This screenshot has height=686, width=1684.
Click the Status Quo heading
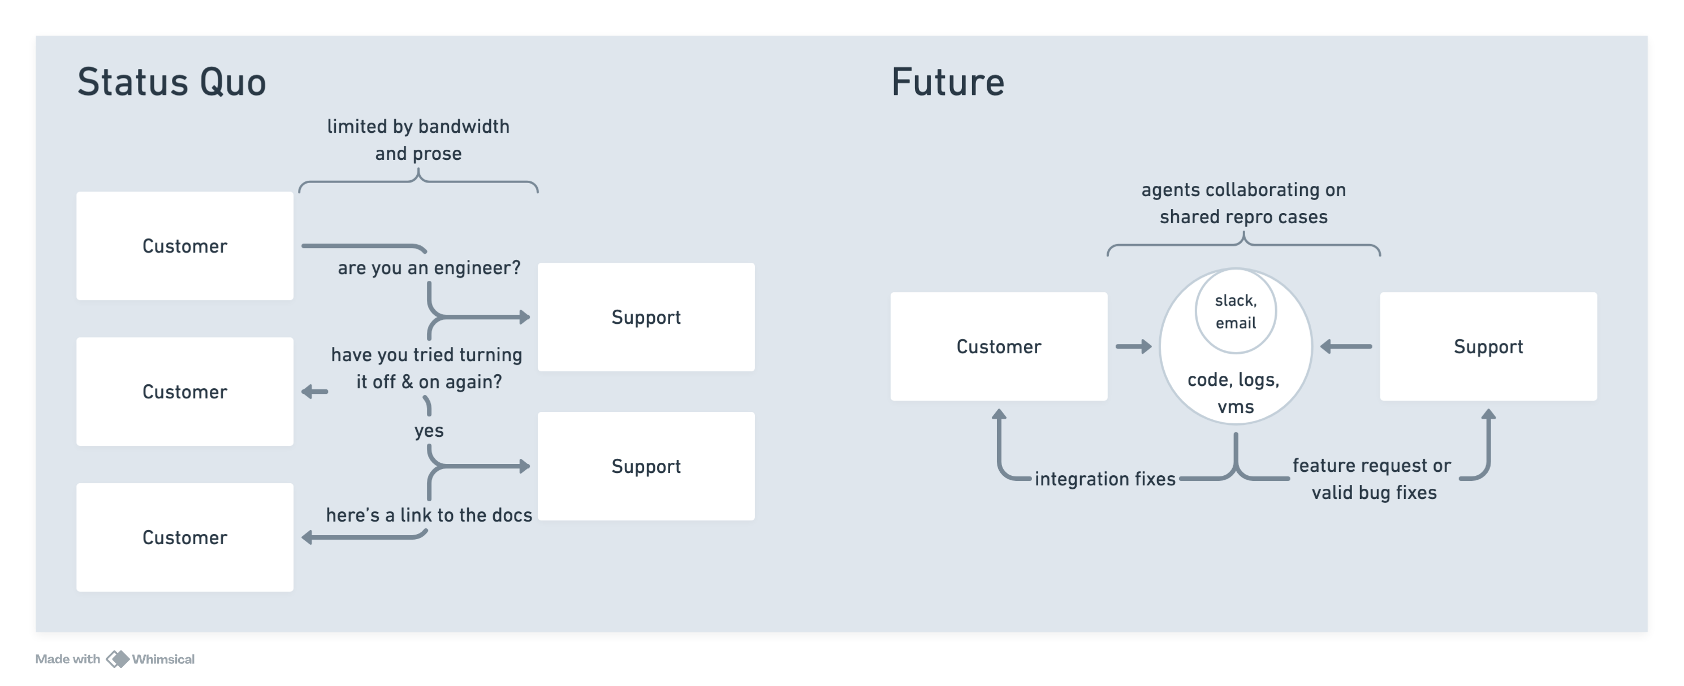pyautogui.click(x=171, y=83)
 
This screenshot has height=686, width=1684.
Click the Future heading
pyautogui.click(x=947, y=83)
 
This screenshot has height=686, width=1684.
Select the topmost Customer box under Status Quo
pyautogui.click(x=184, y=246)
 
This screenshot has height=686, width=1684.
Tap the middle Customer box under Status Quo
pyautogui.click(x=184, y=392)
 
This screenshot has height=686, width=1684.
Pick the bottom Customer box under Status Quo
pyautogui.click(x=184, y=537)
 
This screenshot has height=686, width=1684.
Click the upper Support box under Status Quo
pyautogui.click(x=646, y=317)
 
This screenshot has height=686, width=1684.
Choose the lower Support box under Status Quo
pyautogui.click(x=646, y=466)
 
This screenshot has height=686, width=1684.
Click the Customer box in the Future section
pyautogui.click(x=998, y=346)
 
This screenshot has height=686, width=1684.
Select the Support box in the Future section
pyautogui.click(x=1488, y=346)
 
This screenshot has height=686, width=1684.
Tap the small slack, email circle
pyautogui.click(x=1236, y=311)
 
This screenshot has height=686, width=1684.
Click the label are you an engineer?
pyautogui.click(x=429, y=268)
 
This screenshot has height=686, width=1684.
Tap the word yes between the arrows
pyautogui.click(x=429, y=431)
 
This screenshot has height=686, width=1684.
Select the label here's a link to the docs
pyautogui.click(x=429, y=515)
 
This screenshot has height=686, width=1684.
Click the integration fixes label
pyautogui.click(x=1105, y=479)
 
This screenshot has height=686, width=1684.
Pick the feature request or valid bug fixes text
pyautogui.click(x=1373, y=479)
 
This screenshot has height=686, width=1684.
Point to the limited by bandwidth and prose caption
pyautogui.click(x=418, y=139)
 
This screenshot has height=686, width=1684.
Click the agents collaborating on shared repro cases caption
pyautogui.click(x=1243, y=203)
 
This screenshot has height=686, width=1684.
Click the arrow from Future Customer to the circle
pyautogui.click(x=1133, y=346)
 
